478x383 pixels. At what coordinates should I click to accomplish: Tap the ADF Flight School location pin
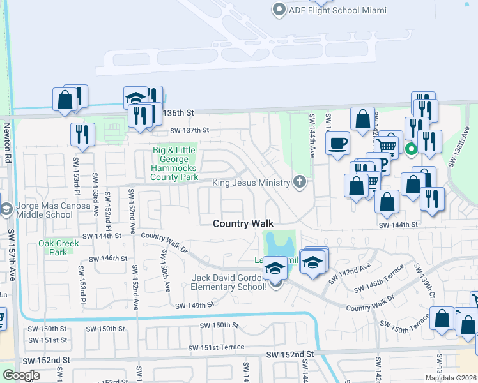coord(278,10)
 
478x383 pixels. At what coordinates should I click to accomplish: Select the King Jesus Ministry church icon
coord(299,183)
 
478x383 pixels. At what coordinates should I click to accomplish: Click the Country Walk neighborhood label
coord(243,223)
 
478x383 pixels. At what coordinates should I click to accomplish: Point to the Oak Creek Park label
coord(59,248)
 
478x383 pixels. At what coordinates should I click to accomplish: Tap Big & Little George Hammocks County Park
coord(174,163)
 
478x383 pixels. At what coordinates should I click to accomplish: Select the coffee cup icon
coord(337,143)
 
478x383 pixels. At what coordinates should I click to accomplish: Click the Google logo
coord(21,375)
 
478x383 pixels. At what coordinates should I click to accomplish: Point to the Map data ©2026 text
coord(451,378)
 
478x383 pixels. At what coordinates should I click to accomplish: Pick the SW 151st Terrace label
coord(216,347)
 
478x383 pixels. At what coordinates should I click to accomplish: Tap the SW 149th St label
coord(194,306)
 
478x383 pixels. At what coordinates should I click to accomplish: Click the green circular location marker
coord(411,151)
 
